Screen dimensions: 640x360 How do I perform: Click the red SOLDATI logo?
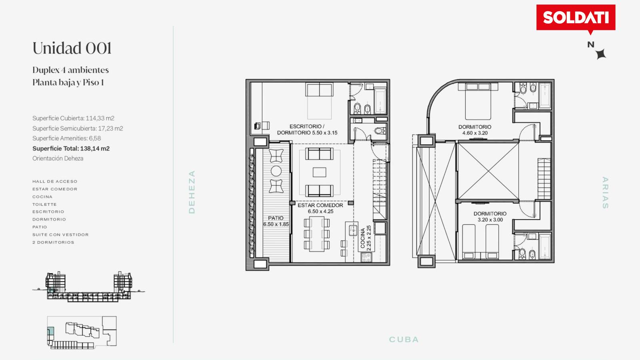[x=576, y=18]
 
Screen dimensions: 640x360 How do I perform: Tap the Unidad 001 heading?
[x=72, y=48]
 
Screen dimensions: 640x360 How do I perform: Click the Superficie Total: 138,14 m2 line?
[x=71, y=148]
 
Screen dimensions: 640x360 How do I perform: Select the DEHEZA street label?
[x=192, y=192]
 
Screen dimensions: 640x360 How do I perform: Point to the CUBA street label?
[x=404, y=340]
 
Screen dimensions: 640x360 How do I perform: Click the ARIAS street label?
[x=605, y=193]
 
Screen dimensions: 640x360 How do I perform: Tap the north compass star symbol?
[x=601, y=54]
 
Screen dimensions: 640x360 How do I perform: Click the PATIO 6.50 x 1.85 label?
[x=276, y=221]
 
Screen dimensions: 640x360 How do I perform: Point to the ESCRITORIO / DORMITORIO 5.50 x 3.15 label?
[x=307, y=130]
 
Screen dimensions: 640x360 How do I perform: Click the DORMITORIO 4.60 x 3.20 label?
[x=475, y=130]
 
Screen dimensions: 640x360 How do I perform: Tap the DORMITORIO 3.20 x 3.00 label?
[x=490, y=216]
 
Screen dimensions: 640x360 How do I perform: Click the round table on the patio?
[x=276, y=171]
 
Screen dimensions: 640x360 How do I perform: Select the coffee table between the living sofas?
[x=320, y=172]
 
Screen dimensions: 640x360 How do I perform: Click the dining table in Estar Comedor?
[x=316, y=234]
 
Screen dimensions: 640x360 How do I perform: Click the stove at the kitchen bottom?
[x=366, y=258]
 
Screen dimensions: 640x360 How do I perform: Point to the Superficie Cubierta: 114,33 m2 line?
[x=73, y=118]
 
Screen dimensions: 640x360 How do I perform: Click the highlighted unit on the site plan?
[x=50, y=332]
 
